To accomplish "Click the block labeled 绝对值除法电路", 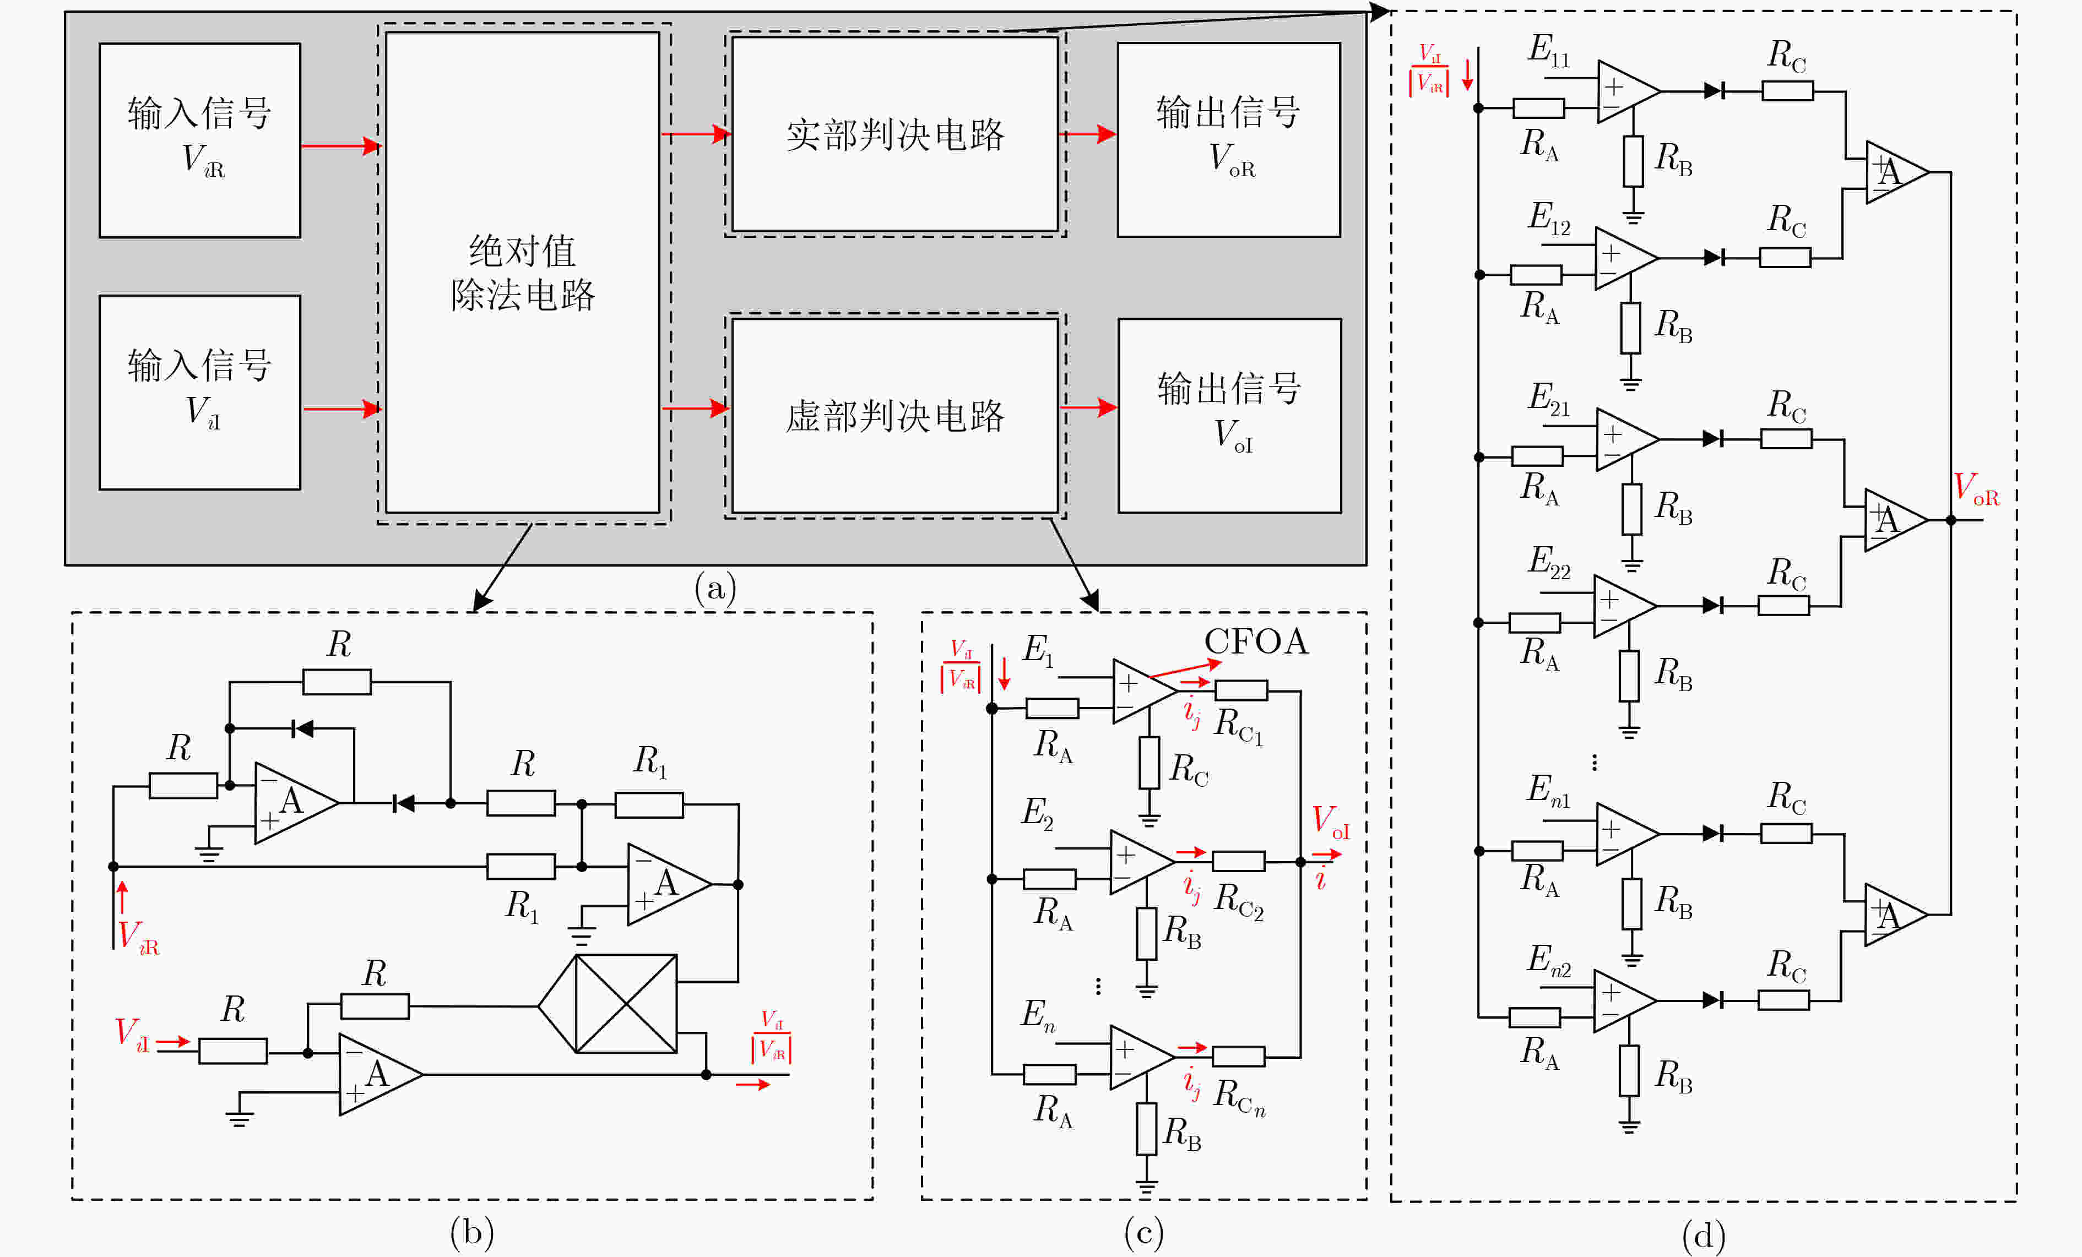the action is coord(522,272).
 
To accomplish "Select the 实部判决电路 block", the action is coord(895,133).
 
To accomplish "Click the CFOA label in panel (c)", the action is coord(1256,642).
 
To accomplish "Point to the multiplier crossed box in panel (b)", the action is coord(625,1004).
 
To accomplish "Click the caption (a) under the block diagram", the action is coord(715,587).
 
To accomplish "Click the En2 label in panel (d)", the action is coord(1549,960).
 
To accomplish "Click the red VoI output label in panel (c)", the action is coord(1330,822).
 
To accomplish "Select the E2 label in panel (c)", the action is coord(1037,813).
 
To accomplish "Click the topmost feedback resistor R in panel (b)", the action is coord(337,682).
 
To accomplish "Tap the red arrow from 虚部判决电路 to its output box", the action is coord(1088,408).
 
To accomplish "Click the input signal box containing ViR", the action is coord(199,140).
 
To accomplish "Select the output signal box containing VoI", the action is coord(1229,416).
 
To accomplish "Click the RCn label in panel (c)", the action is coord(1239,1096).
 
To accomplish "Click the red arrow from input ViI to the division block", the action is coord(342,409).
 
